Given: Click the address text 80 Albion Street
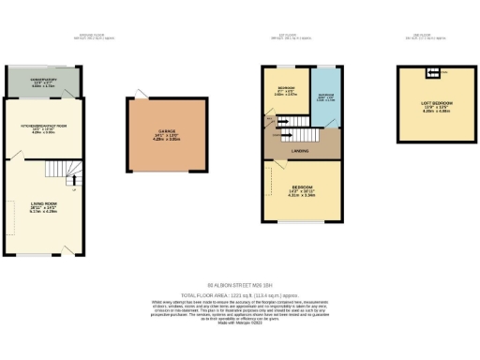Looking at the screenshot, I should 239,285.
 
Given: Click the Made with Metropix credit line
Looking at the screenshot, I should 239,323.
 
